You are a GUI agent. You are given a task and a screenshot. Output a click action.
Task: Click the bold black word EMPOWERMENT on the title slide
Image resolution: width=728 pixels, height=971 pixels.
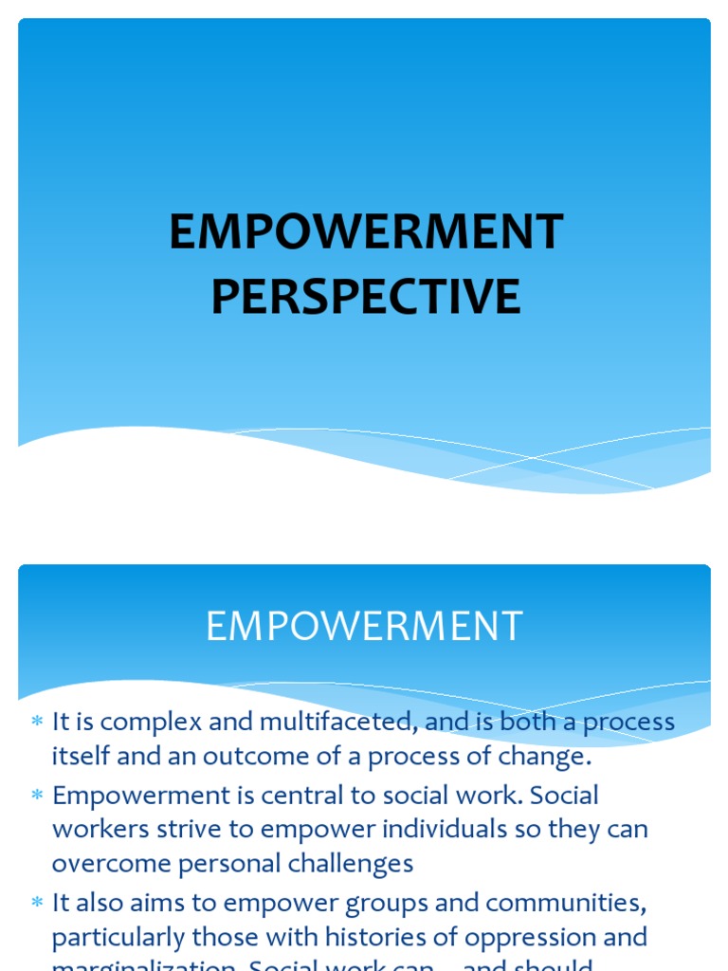click(x=365, y=232)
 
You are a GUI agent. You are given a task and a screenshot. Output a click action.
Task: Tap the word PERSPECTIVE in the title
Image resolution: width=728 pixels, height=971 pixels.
click(x=365, y=296)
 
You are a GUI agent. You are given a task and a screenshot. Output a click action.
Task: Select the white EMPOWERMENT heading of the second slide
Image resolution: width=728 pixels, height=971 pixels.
click(x=364, y=627)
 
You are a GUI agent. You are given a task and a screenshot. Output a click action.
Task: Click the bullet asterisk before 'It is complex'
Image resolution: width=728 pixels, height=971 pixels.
click(x=37, y=724)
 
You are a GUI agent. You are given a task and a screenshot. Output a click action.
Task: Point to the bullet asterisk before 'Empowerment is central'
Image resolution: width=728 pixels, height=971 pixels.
click(x=37, y=796)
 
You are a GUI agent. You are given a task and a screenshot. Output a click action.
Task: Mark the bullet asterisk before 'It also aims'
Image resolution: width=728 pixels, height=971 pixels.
click(x=37, y=904)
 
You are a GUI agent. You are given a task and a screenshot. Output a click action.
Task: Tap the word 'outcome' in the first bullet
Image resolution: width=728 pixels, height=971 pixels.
click(x=278, y=757)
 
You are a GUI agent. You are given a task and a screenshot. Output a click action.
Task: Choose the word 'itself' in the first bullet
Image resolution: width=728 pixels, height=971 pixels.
click(x=81, y=757)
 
